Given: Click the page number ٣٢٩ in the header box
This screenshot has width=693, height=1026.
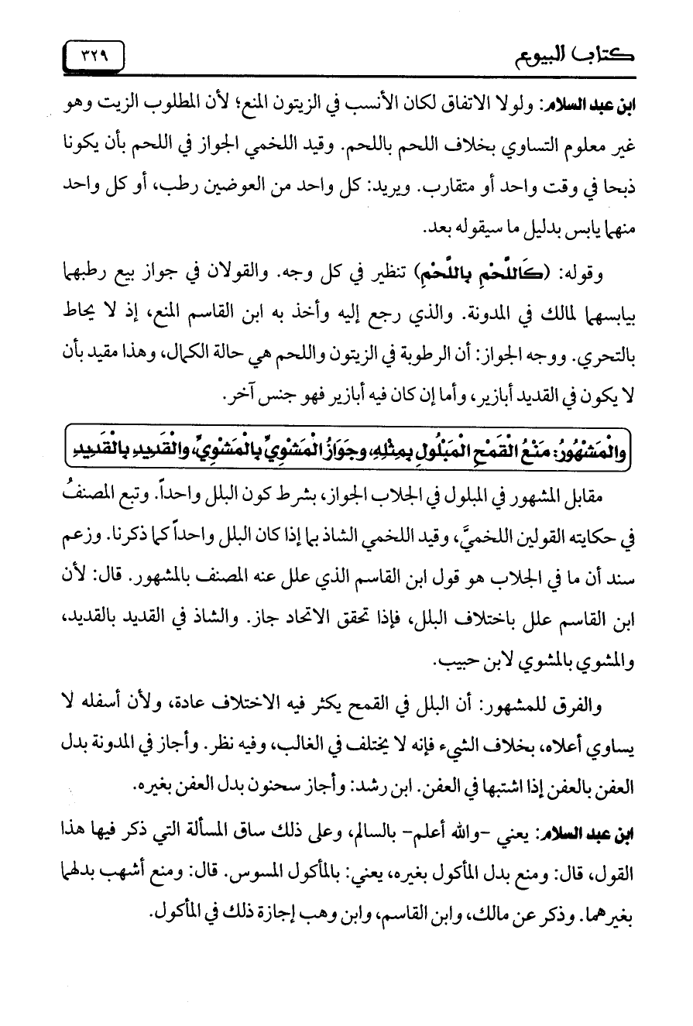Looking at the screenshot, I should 94,55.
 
